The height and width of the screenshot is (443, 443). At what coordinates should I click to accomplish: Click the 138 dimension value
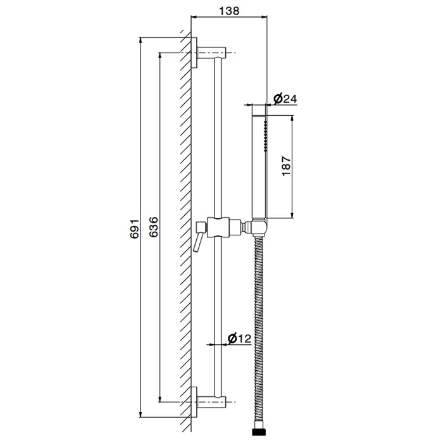229,11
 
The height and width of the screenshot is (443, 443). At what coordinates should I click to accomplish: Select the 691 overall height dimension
134,228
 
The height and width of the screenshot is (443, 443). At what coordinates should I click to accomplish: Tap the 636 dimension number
154,227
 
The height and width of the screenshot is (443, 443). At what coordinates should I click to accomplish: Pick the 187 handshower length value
286,166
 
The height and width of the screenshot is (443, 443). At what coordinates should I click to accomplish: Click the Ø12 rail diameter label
239,338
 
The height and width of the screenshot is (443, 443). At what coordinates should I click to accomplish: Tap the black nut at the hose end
259,432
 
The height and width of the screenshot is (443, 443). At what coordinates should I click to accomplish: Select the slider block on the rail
218,227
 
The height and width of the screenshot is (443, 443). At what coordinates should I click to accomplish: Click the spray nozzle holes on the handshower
265,136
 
